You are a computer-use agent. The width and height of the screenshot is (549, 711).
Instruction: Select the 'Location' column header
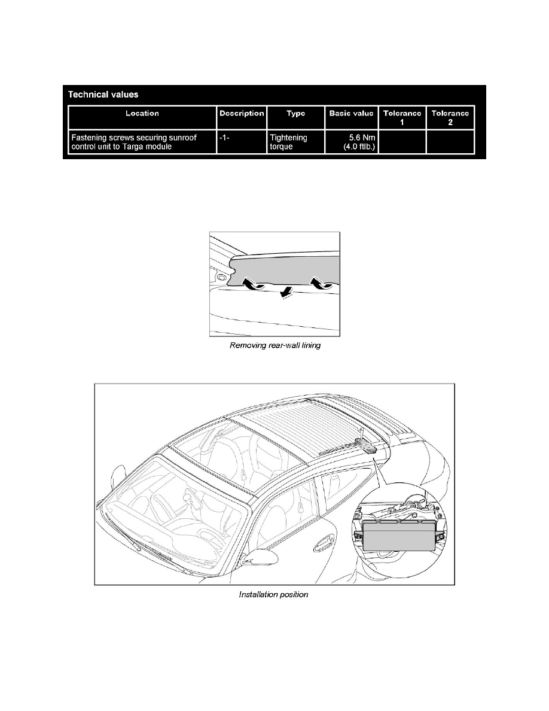pos(142,113)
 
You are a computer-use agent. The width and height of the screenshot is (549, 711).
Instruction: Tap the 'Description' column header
pos(242,113)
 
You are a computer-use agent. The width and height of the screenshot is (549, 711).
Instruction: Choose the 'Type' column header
pos(295,113)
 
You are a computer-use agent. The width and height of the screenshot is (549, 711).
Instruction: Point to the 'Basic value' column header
pos(351,113)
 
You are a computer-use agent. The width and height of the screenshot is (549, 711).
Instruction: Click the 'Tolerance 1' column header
pos(402,117)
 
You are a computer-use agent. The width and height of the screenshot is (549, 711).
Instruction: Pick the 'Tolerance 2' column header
pos(450,117)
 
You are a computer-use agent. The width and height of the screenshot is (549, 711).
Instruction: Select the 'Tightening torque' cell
pos(288,142)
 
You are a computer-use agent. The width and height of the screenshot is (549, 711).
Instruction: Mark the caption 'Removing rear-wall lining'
pos(276,347)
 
